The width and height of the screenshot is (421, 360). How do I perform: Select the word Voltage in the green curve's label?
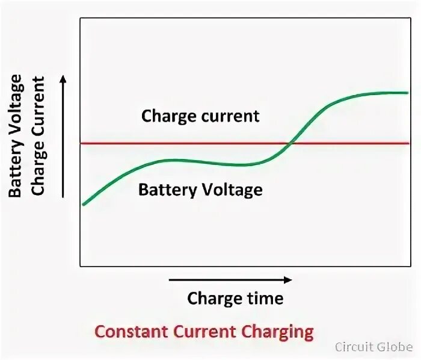(x=232, y=190)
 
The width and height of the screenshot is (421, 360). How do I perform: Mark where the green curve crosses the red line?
(x=290, y=143)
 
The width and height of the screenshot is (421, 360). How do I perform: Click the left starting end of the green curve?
(x=83, y=205)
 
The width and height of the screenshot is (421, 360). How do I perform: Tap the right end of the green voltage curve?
(x=408, y=93)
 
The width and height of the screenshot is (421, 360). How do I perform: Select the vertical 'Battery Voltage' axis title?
(x=16, y=136)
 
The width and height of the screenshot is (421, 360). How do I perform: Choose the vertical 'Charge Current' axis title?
(x=38, y=136)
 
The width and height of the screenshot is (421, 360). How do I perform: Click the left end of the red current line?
(x=82, y=143)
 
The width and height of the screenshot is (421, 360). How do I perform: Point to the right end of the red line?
(x=408, y=143)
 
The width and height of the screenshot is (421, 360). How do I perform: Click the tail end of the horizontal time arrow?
(x=170, y=279)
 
